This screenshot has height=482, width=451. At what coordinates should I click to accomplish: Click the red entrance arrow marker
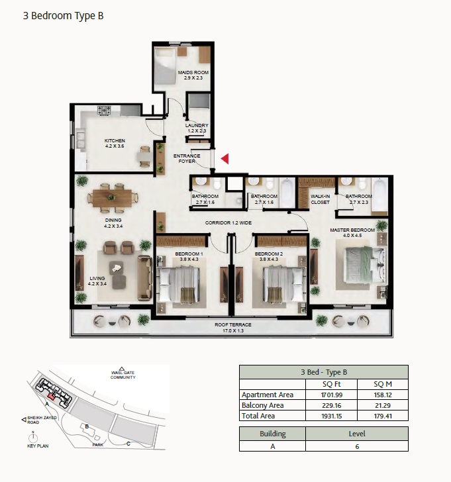[225, 158]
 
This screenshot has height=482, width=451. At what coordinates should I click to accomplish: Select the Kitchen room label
[115, 143]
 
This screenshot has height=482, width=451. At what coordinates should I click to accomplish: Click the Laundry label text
[197, 128]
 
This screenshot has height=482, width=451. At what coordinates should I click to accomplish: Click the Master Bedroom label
[352, 232]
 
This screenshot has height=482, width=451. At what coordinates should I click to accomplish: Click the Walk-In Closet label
[321, 199]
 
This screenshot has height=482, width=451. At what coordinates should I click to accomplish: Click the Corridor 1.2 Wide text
[227, 224]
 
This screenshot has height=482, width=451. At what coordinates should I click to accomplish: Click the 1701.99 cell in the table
[331, 395]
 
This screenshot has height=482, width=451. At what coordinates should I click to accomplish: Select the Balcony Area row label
[263, 405]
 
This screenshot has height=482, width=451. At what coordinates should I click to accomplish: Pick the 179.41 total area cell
[382, 416]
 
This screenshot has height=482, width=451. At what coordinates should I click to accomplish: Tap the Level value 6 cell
[356, 447]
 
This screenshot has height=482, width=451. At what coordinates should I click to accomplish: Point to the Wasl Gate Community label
[123, 375]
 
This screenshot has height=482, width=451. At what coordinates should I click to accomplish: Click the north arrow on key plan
[32, 436]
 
